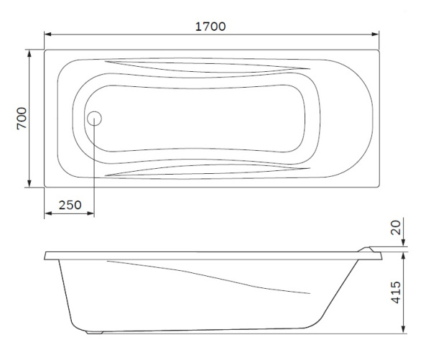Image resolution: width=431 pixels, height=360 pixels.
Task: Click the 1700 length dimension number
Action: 211,26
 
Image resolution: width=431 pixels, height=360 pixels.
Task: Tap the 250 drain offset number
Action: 69,204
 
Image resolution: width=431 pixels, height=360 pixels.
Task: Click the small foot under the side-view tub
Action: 94,333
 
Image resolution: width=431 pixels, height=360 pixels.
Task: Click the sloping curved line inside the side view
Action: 215,277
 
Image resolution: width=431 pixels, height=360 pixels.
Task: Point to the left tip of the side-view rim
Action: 46,255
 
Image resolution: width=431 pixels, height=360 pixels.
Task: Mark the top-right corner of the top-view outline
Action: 379,50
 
